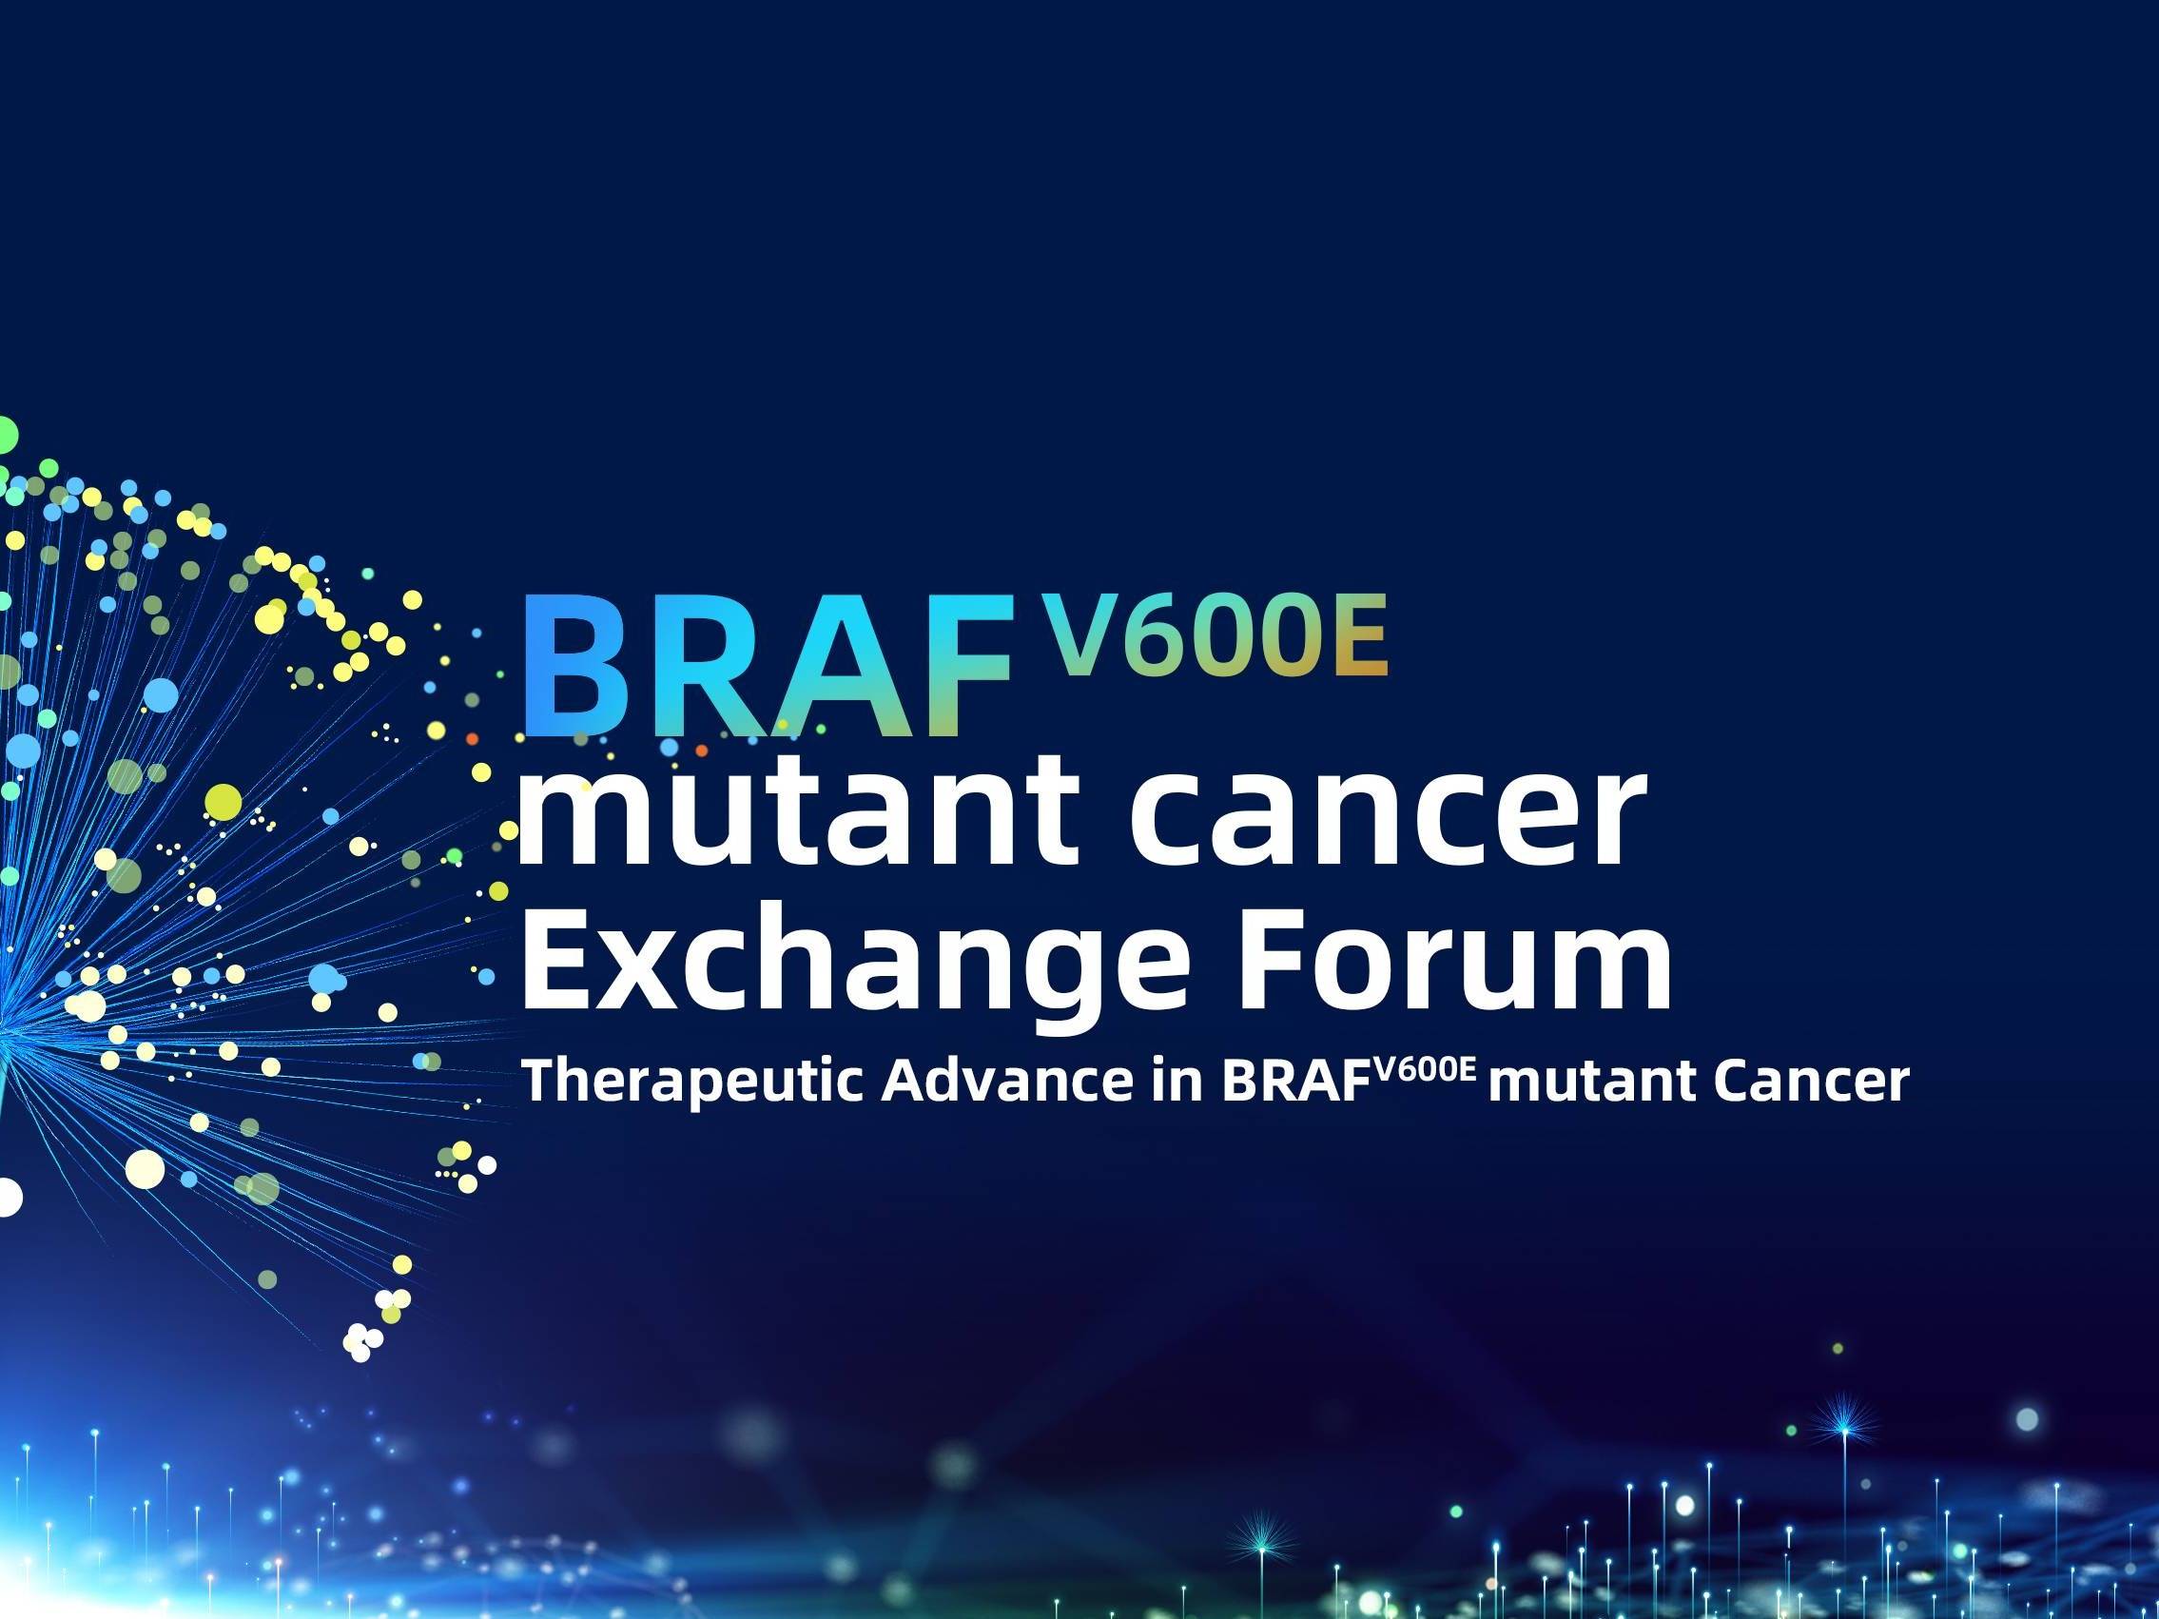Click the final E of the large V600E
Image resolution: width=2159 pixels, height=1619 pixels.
[x=1357, y=635]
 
